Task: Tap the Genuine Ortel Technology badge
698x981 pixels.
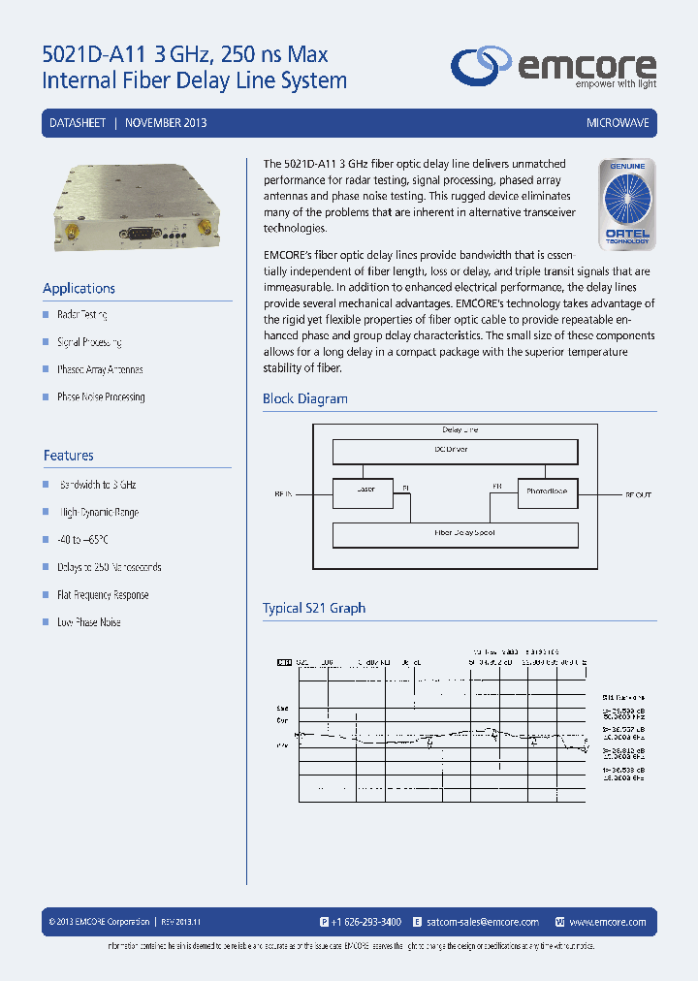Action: coord(627,203)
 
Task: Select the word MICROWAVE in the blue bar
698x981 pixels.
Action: coord(618,124)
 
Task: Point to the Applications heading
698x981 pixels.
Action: coord(79,288)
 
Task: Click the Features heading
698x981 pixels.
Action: coord(68,455)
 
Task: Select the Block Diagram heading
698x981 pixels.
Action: coord(304,398)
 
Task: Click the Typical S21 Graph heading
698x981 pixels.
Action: coord(313,608)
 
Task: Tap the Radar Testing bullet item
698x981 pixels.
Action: coord(81,315)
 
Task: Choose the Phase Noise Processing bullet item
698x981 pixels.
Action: coord(101,396)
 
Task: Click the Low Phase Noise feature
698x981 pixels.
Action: coord(88,622)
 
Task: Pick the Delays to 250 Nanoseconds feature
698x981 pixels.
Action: coord(109,567)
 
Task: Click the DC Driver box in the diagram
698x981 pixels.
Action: coord(455,451)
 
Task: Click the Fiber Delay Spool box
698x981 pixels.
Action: coord(455,534)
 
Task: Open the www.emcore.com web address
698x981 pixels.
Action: coord(608,922)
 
